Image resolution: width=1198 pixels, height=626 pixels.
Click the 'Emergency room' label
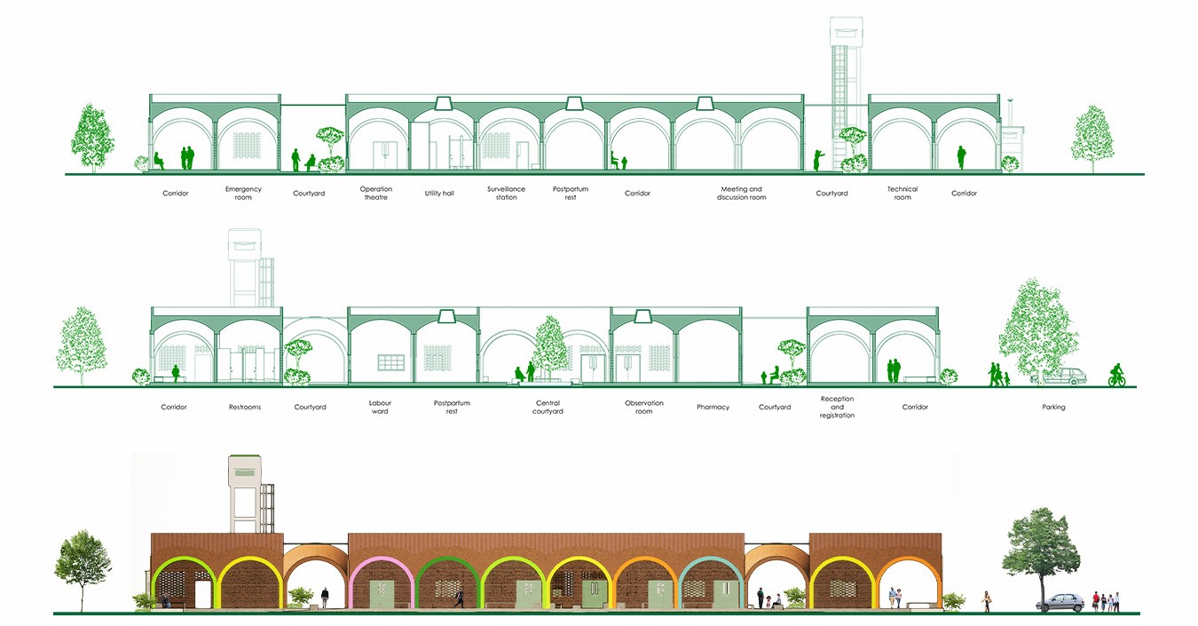point(243,194)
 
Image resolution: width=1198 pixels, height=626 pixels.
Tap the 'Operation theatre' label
point(376,194)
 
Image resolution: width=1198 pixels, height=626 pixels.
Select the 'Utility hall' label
point(439,194)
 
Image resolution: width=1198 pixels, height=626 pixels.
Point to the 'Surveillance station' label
point(506,194)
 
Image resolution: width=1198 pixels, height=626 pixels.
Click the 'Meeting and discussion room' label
point(741,194)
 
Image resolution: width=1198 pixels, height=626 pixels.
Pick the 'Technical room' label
point(902,194)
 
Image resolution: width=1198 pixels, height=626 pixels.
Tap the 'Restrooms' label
point(245,408)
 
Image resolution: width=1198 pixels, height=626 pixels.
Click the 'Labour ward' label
point(381,408)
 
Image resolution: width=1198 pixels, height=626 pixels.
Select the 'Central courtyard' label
point(548,408)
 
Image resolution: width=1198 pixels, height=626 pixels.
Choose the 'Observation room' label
point(644,408)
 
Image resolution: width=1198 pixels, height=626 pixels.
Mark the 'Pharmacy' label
point(713,408)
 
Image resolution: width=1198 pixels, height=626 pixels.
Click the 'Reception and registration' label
point(837,408)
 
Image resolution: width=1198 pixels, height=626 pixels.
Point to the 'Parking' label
point(1053,408)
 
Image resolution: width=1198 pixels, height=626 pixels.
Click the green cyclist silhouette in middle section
point(1116,375)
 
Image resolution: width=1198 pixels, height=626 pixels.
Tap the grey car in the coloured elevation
point(1060,602)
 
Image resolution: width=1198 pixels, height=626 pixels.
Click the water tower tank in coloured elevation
point(244,471)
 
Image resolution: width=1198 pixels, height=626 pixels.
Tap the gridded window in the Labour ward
point(391,362)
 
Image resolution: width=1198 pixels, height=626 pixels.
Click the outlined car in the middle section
point(1059,376)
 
